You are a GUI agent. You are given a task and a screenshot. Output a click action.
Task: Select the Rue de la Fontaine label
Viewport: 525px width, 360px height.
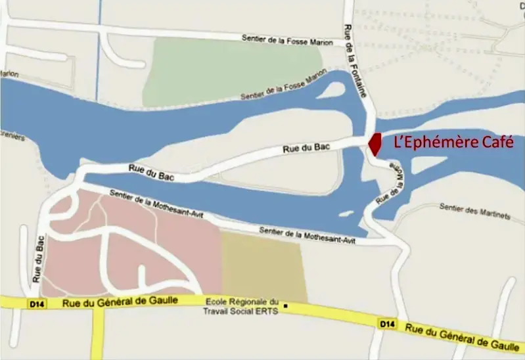355,62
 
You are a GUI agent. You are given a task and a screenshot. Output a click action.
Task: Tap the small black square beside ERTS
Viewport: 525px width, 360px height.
286,305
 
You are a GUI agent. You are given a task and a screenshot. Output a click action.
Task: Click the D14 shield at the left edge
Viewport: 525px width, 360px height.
35,304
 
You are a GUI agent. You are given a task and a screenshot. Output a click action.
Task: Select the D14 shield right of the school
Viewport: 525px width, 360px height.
387,323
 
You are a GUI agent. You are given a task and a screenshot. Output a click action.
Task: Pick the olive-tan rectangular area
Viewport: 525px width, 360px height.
263,266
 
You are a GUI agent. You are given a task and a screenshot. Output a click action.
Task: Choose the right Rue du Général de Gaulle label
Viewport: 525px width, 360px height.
462,335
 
